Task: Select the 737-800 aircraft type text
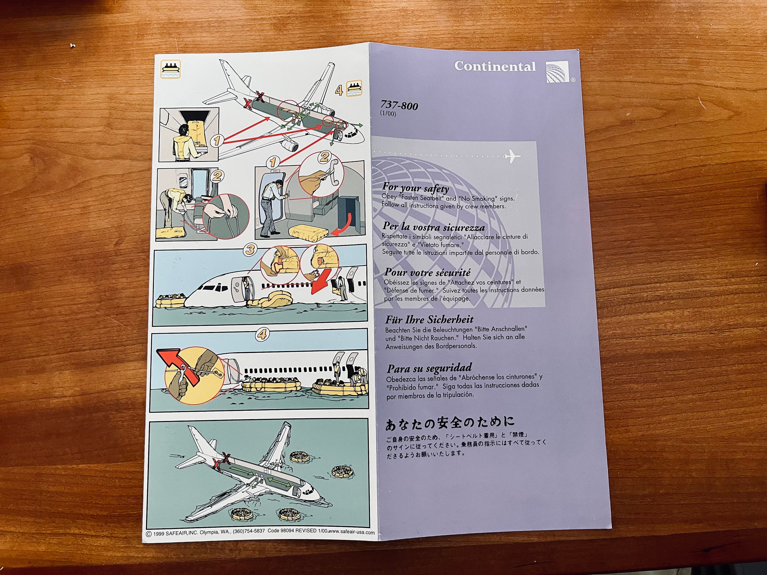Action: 399,105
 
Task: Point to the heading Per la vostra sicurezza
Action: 433,227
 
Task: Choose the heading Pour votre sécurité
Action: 427,272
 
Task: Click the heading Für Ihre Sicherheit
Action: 429,319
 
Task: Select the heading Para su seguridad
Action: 429,368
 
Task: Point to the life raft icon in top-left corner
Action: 171,69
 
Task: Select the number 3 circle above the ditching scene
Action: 250,249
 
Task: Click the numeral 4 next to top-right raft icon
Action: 339,90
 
